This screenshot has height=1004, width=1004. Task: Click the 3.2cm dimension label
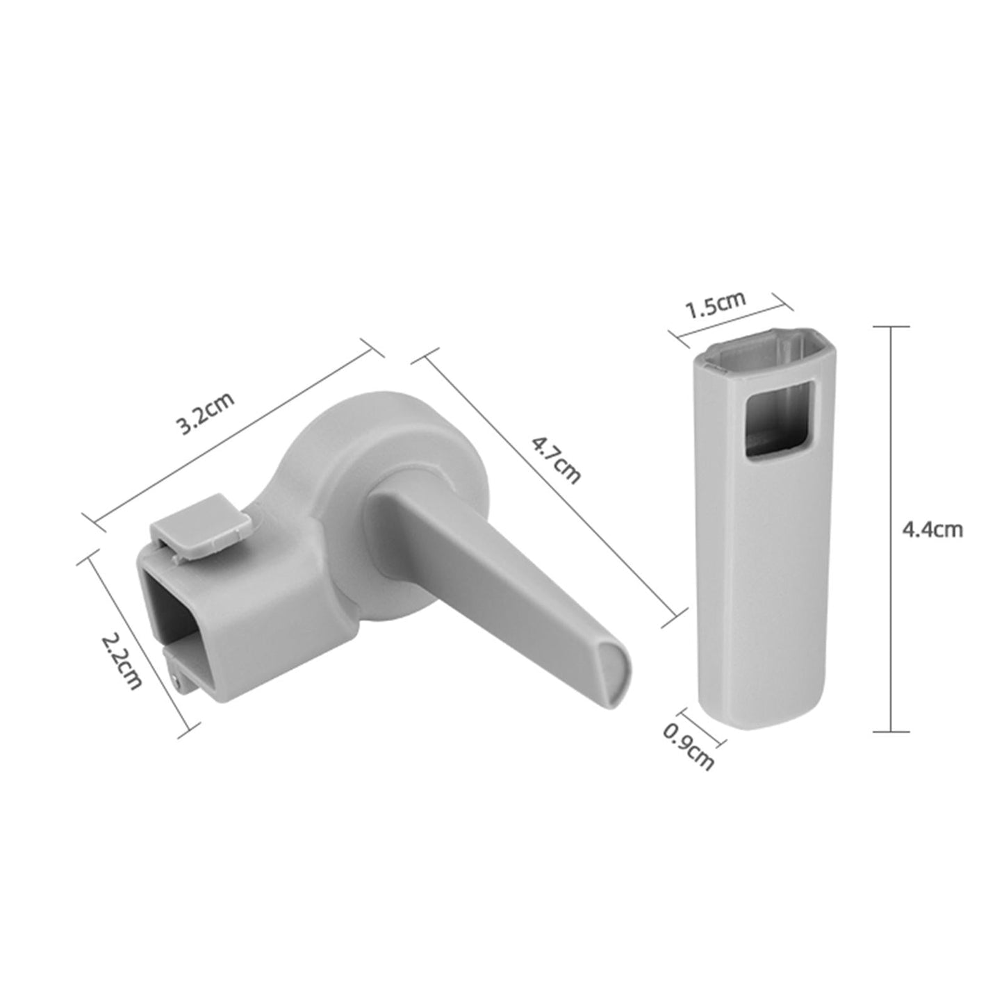(206, 415)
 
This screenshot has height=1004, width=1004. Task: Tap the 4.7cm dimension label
(555, 460)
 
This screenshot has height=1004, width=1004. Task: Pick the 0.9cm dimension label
(689, 746)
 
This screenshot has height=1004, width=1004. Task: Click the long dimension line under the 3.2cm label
(233, 433)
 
